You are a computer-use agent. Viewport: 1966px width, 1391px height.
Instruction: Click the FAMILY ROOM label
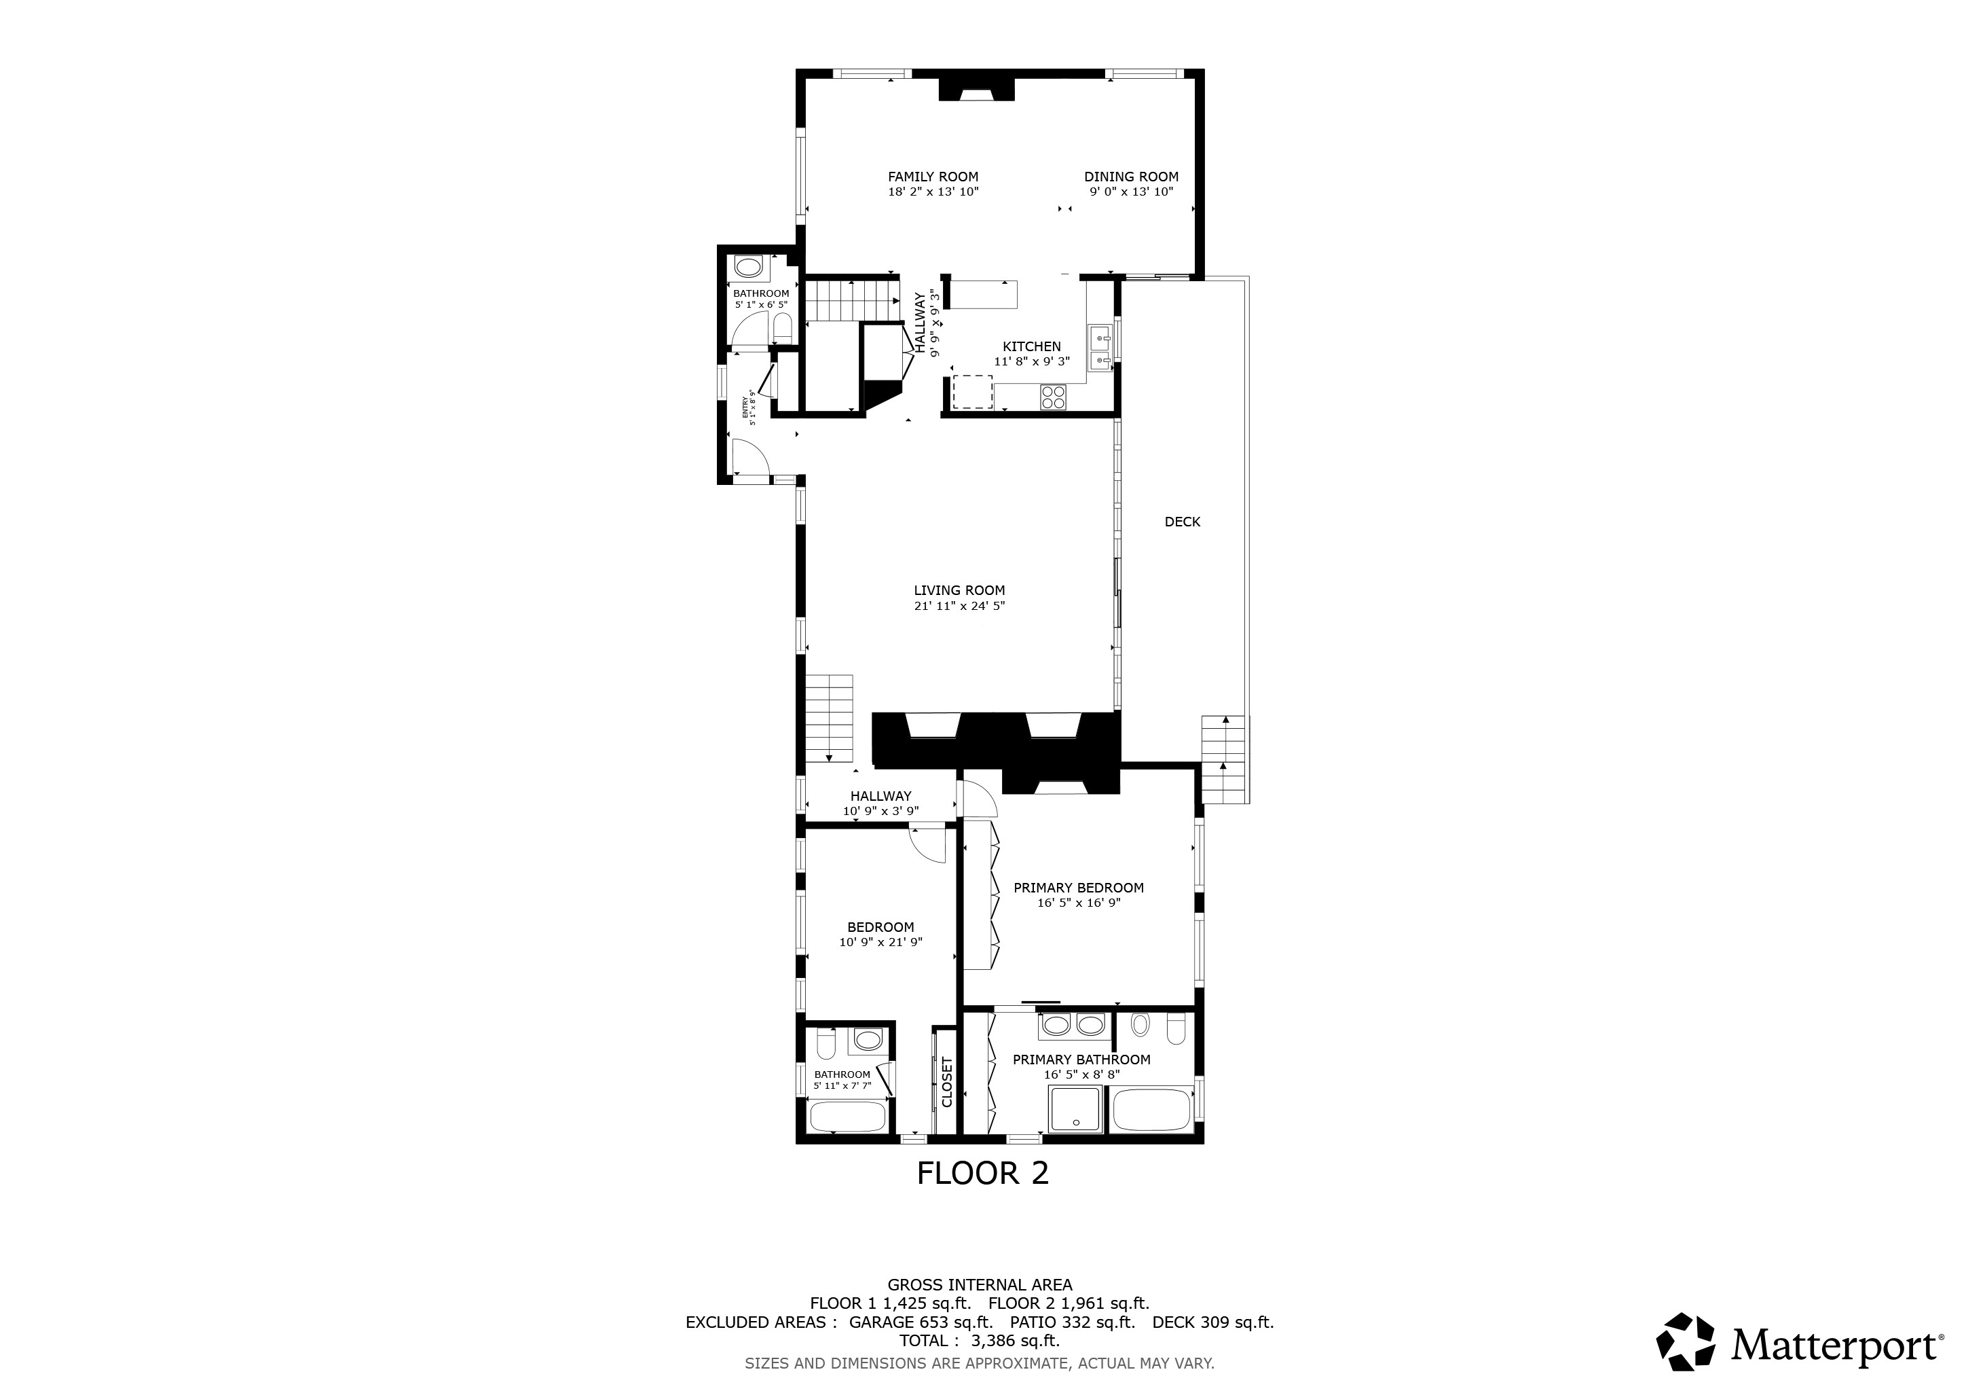coord(933,177)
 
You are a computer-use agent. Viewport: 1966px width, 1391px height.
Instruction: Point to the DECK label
coord(1183,522)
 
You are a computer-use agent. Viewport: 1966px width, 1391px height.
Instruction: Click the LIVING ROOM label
coord(959,590)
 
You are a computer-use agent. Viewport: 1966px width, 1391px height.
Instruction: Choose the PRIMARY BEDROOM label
coord(1079,887)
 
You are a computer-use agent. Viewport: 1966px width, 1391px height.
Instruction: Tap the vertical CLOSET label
coord(947,1082)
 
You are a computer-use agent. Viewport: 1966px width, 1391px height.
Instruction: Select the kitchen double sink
coord(1100,348)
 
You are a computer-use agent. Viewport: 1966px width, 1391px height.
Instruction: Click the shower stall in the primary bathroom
coord(1075,1109)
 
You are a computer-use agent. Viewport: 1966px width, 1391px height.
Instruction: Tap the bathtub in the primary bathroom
coord(1151,1110)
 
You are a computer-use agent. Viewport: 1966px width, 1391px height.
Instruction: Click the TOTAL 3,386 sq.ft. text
coord(980,1341)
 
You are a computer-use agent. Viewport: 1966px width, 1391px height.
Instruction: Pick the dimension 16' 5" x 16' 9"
coord(1079,902)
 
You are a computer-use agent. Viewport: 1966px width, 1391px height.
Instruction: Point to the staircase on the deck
coord(1223,759)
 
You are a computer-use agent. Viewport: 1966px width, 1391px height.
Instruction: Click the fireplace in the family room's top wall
coord(976,89)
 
